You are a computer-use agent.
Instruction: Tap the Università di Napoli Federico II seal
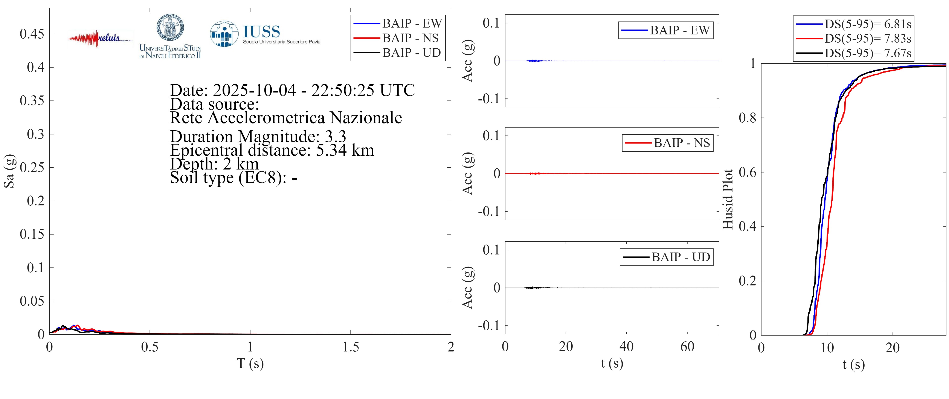pos(170,28)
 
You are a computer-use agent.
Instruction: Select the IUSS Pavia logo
pos(264,34)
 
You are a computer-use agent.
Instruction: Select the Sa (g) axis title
pos(9,171)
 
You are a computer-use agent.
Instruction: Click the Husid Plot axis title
pos(728,199)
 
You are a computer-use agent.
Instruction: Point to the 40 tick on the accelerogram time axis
pos(626,347)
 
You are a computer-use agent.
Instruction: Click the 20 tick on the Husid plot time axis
pos(892,348)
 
